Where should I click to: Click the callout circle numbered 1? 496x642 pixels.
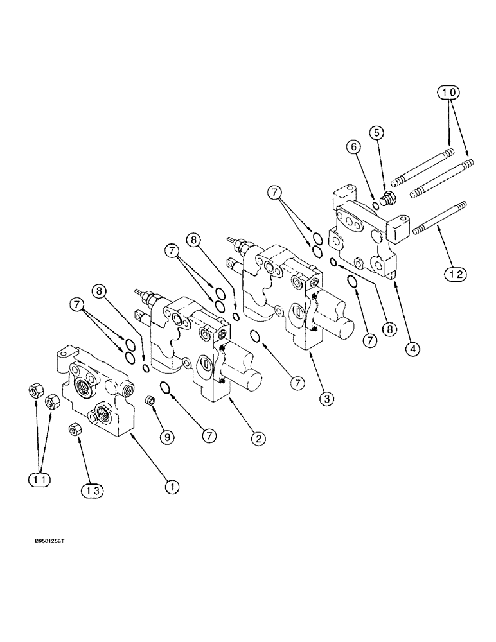pos(172,487)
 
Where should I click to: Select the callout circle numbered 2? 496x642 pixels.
pos(258,438)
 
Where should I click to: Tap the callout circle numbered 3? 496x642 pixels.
pos(328,399)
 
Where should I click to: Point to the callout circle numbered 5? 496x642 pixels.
pos(376,132)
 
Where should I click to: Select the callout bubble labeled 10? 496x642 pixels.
pos(450,92)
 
